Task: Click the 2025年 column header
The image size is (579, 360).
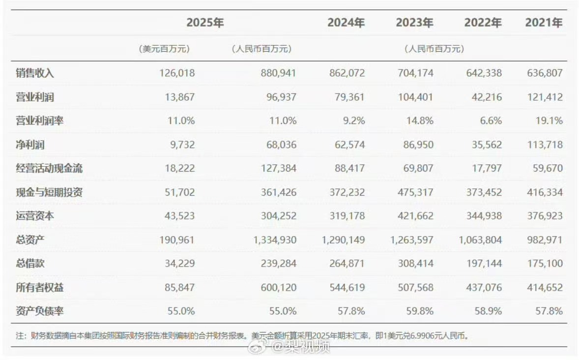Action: [x=205, y=23]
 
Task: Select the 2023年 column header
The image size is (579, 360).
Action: [x=414, y=23]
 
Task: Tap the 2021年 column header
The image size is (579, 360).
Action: [x=544, y=23]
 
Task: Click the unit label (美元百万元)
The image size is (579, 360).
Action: [x=164, y=49]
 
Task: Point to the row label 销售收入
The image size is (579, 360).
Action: [x=34, y=73]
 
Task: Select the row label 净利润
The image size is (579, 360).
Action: [x=30, y=145]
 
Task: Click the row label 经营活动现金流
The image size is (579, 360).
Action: [x=49, y=168]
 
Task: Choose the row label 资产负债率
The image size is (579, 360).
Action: [x=39, y=311]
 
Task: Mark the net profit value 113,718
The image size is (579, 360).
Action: [x=544, y=145]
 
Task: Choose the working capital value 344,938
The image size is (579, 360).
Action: [x=483, y=216]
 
